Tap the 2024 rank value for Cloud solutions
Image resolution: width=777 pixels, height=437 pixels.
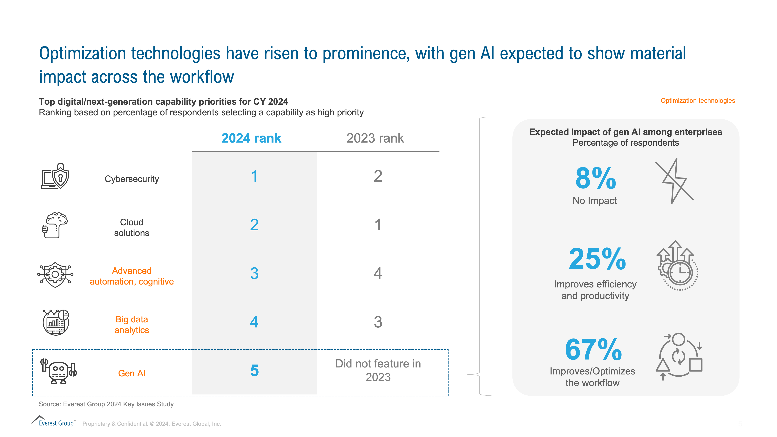[254, 225]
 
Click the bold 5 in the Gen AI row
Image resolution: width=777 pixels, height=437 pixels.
[254, 370]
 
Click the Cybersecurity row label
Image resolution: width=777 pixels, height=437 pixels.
[132, 179]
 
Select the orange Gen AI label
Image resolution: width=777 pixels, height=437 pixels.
[132, 373]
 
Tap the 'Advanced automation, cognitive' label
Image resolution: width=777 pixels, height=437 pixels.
[132, 276]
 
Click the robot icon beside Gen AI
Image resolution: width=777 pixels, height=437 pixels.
[58, 371]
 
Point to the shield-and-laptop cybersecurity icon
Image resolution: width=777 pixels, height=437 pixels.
[55, 176]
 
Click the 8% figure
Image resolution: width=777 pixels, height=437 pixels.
[595, 178]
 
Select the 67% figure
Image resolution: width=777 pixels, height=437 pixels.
[593, 350]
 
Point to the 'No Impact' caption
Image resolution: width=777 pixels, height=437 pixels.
[595, 201]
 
